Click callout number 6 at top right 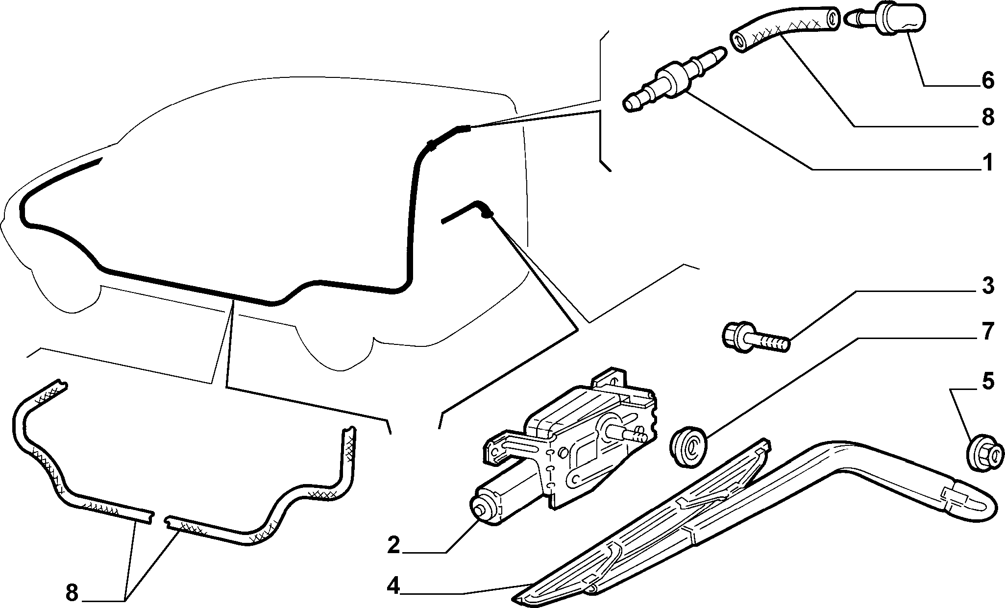[987, 79]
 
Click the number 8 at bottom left [72, 594]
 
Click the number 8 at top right [987, 118]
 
